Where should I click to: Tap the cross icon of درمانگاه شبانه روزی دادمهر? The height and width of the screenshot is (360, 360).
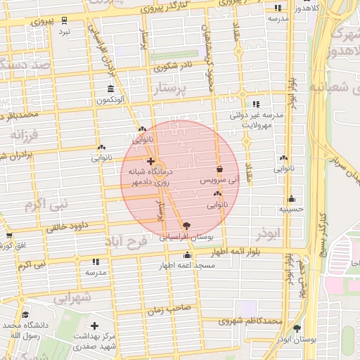pos(150,161)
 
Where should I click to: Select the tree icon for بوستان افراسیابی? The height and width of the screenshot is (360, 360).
pos(186,226)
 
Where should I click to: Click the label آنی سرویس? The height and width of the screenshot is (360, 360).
pos(220,181)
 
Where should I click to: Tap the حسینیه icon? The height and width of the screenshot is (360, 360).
pos(291,199)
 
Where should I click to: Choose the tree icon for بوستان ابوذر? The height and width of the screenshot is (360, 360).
pos(297,328)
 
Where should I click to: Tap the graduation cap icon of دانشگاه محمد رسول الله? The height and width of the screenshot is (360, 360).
pos(26,314)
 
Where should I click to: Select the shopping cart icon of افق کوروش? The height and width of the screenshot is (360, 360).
pos(9,236)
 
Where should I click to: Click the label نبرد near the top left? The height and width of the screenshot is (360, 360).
pos(65,32)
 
